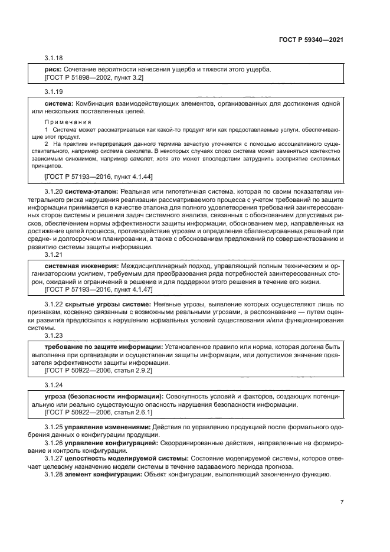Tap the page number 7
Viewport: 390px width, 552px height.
click(342, 502)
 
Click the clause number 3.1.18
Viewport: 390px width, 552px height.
click(54, 58)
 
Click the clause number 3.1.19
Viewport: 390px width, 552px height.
click(54, 92)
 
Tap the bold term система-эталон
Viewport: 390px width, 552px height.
click(90, 192)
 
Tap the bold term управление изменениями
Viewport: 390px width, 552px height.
click(100, 426)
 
